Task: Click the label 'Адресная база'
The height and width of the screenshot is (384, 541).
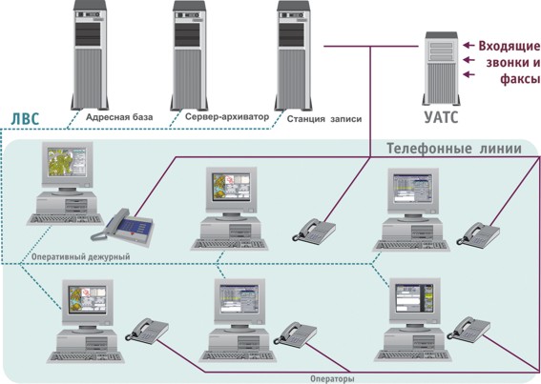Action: click(x=119, y=117)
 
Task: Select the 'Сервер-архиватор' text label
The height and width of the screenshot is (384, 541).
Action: click(x=227, y=117)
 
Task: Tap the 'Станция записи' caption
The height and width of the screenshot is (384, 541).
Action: click(x=324, y=119)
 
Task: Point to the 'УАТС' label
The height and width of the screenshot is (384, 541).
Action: click(x=441, y=116)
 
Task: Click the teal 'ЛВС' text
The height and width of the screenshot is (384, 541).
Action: click(x=25, y=119)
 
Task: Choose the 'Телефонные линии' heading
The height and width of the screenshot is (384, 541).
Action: click(x=454, y=149)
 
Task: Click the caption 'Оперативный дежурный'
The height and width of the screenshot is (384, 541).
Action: click(x=81, y=257)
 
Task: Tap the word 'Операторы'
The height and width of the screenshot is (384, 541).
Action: click(x=332, y=379)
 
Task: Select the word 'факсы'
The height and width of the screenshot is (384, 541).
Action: click(x=520, y=79)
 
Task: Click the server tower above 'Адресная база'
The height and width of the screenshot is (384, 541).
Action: click(x=90, y=55)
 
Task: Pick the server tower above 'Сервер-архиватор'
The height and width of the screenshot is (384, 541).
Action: click(x=189, y=55)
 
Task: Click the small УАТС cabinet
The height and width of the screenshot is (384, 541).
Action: click(x=441, y=69)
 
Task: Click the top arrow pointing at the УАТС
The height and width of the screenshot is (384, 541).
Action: click(x=468, y=45)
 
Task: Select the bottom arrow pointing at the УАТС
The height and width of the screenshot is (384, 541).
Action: click(x=468, y=74)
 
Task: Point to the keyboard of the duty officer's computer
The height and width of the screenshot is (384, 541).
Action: click(x=65, y=219)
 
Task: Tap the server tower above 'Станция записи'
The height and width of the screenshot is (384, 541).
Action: click(x=293, y=55)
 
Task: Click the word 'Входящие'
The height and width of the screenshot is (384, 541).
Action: click(x=510, y=46)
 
